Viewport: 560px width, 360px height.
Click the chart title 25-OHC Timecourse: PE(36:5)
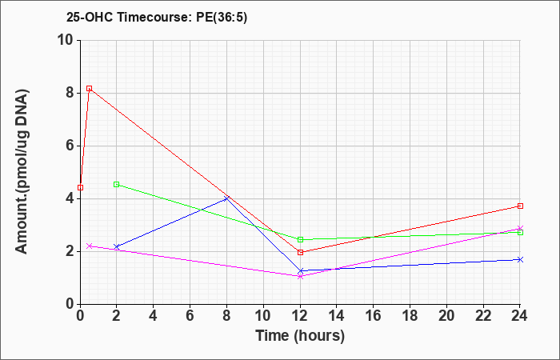click(157, 17)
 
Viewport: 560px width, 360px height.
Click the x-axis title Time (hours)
click(300, 336)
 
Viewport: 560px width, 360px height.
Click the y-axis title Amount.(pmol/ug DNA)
click(22, 172)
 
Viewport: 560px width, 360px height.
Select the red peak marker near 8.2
click(90, 88)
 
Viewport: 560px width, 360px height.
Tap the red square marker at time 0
click(80, 187)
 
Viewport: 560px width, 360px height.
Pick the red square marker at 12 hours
click(300, 252)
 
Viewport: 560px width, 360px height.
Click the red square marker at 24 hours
click(520, 206)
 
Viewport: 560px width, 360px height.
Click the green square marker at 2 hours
click(117, 184)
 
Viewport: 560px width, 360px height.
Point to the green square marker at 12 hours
click(300, 240)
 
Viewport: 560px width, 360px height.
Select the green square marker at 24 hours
click(520, 233)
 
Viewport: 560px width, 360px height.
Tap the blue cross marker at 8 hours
click(226, 198)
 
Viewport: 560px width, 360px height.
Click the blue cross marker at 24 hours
click(520, 260)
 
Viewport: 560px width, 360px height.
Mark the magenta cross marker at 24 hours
click(520, 229)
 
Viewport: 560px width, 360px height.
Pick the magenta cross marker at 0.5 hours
click(90, 246)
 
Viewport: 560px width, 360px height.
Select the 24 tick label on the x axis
click(520, 316)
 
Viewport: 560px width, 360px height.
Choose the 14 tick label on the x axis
click(337, 316)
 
